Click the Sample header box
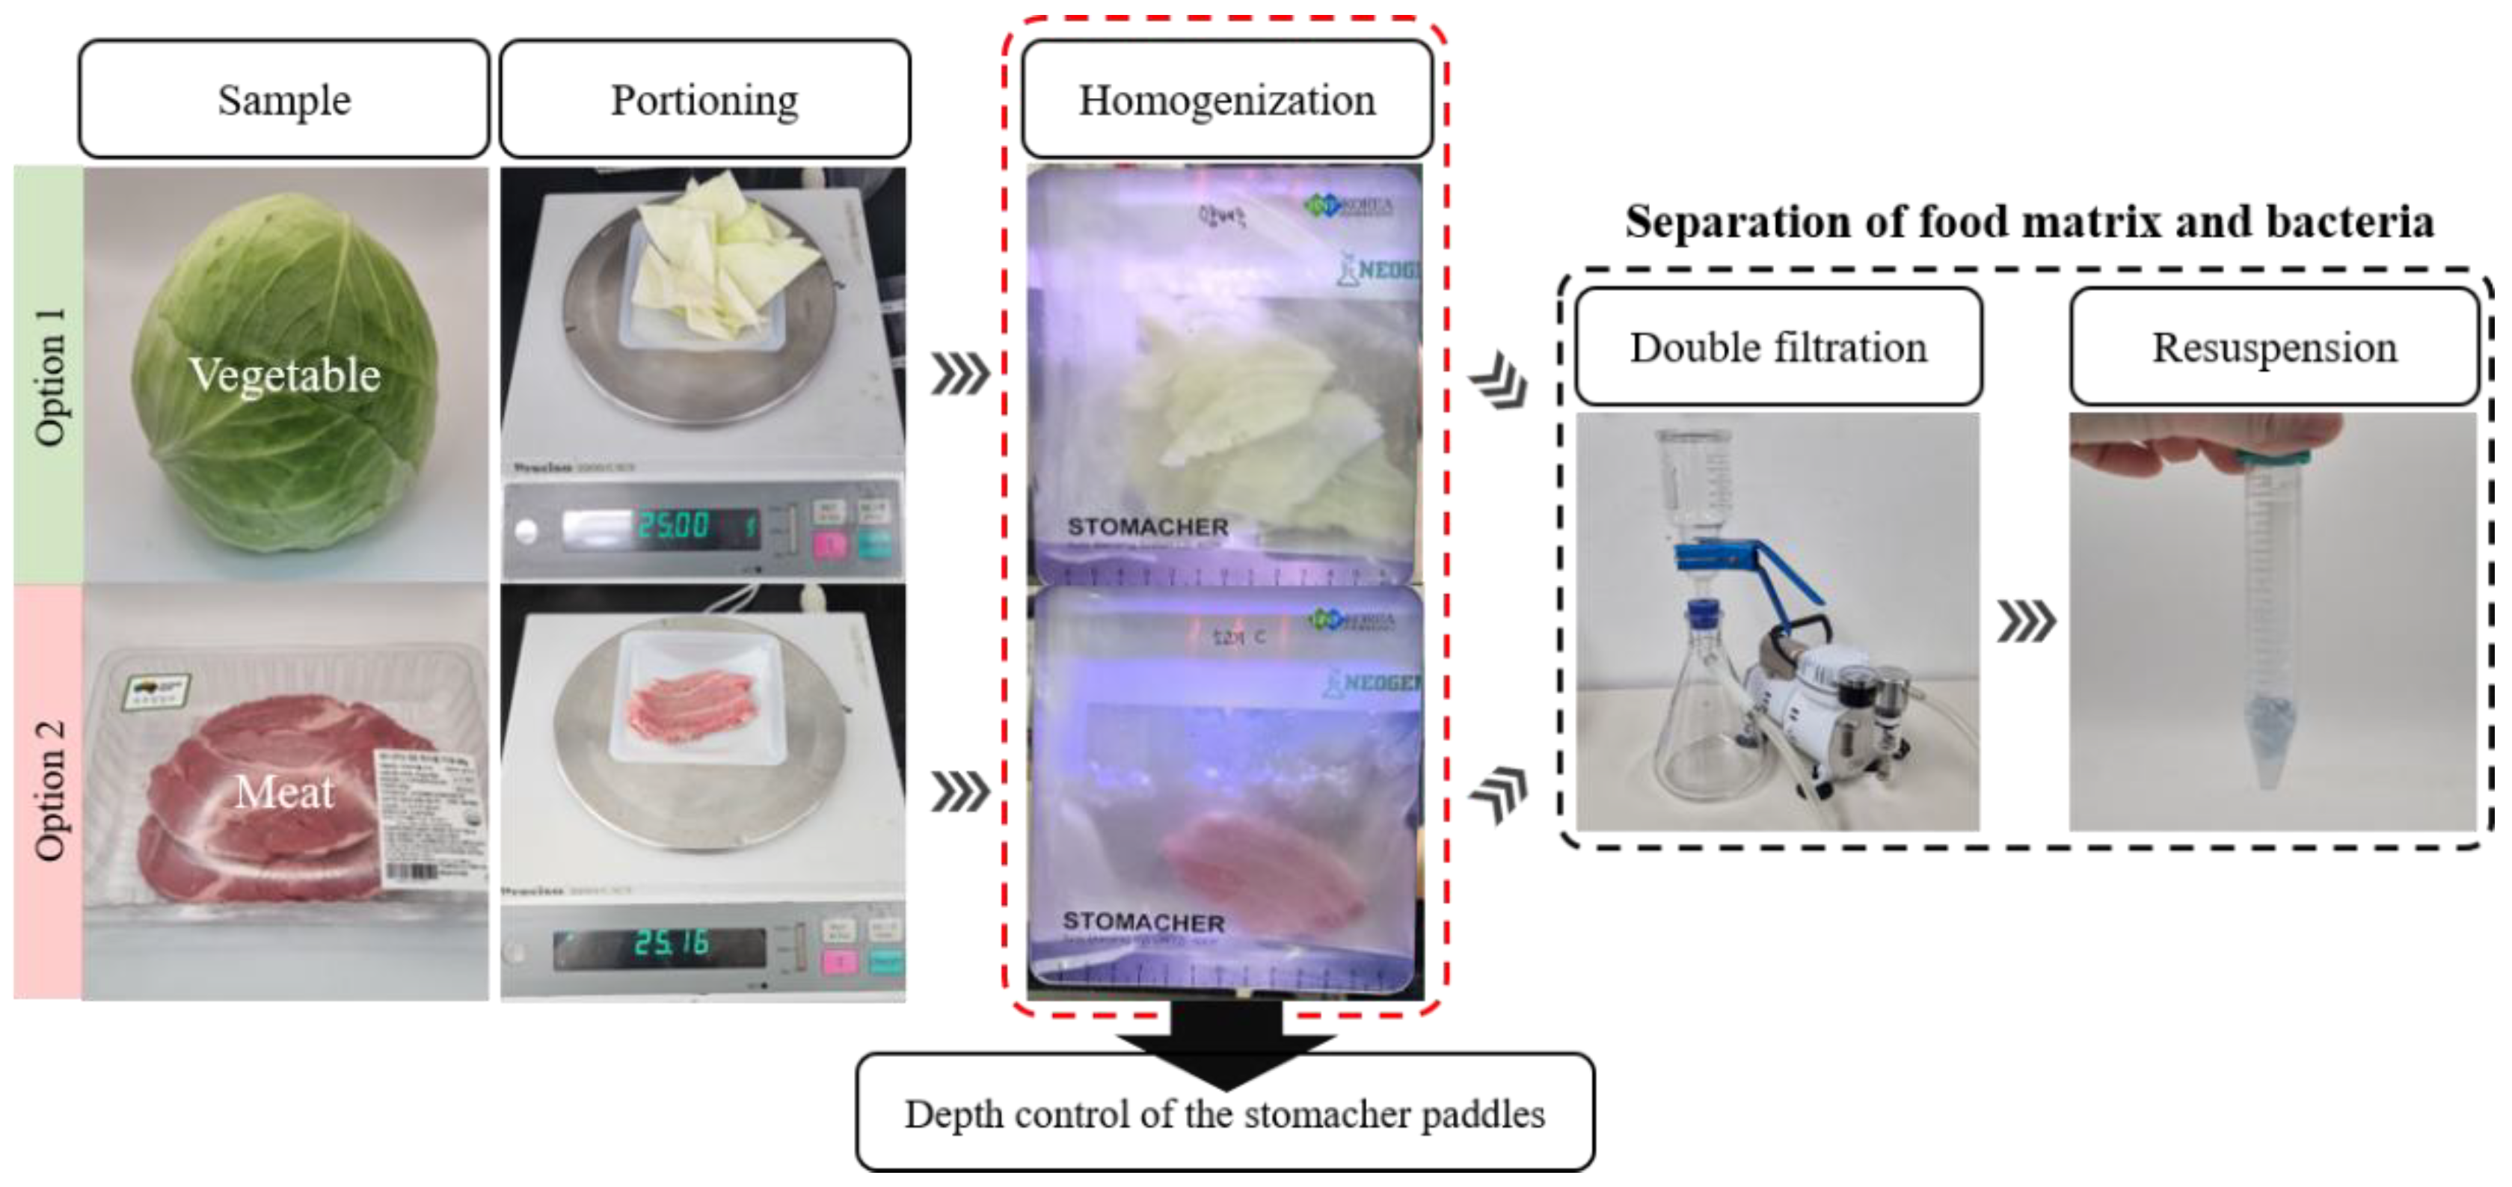pyautogui.click(x=283, y=99)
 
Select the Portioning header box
pyautogui.click(x=704, y=99)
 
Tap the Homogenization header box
pyautogui.click(x=1226, y=99)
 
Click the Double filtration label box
pyautogui.click(x=1778, y=347)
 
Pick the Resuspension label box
pyautogui.click(x=2273, y=347)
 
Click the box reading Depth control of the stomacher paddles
pyautogui.click(x=1225, y=1114)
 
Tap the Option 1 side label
pyautogui.click(x=49, y=375)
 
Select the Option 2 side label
pyautogui.click(x=49, y=792)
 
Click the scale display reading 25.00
pyautogui.click(x=673, y=527)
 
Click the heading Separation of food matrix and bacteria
pyautogui.click(x=2028, y=222)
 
